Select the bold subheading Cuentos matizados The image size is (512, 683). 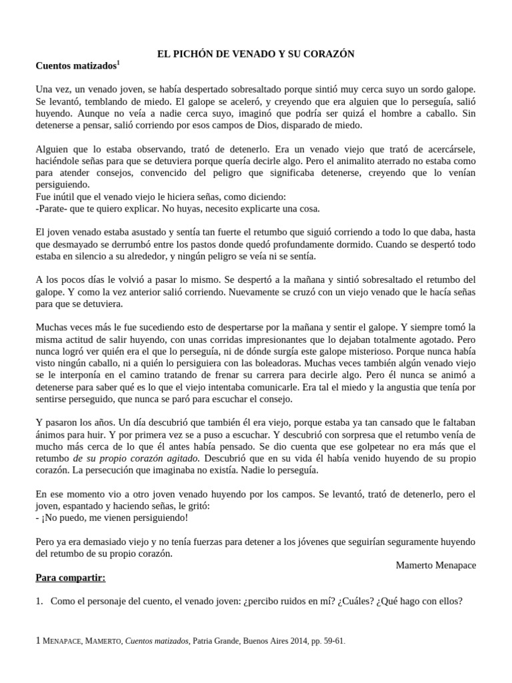tap(75, 66)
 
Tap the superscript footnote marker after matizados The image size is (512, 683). tap(119, 63)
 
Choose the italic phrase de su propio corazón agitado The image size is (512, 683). tap(136, 458)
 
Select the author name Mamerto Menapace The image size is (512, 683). tap(435, 565)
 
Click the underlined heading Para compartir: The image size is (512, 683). tap(70, 578)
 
